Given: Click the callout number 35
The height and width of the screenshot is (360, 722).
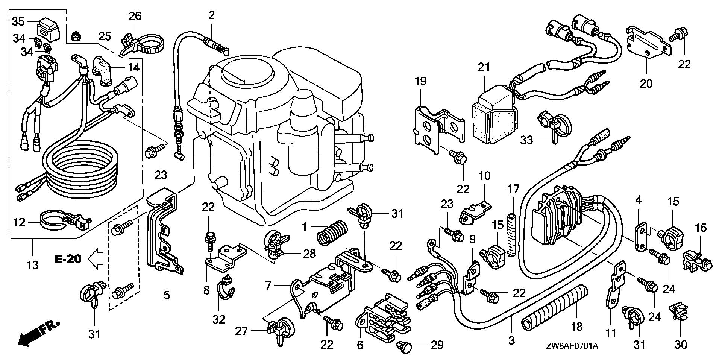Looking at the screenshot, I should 18,21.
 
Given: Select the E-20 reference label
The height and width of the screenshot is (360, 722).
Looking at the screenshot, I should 68,260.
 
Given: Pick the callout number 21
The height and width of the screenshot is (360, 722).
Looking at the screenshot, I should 484,68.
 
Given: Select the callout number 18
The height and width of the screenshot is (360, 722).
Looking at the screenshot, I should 576,327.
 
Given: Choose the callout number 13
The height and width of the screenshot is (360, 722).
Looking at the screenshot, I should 33,265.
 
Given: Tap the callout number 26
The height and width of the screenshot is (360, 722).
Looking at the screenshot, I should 135,16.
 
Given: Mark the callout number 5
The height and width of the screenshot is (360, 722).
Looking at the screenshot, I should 167,295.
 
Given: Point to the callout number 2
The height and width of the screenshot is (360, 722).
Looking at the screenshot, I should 211,15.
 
